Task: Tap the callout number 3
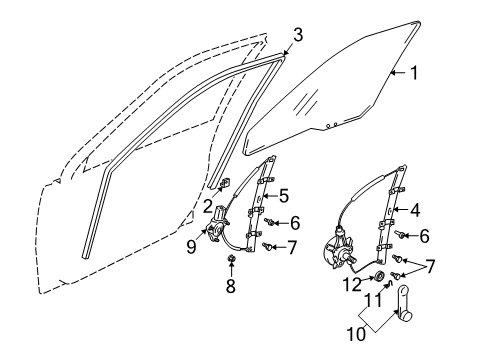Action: click(x=295, y=35)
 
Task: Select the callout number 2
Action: click(x=207, y=205)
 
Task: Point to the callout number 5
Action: click(x=284, y=195)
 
